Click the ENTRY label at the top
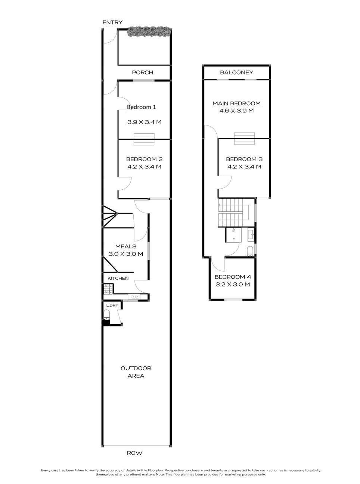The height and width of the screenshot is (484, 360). pyautogui.click(x=112, y=22)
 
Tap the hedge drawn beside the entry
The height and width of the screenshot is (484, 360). pyautogui.click(x=149, y=32)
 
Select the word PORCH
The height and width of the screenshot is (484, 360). pyautogui.click(x=143, y=72)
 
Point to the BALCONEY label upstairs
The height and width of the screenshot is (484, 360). pyautogui.click(x=236, y=72)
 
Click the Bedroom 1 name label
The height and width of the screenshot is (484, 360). pyautogui.click(x=141, y=107)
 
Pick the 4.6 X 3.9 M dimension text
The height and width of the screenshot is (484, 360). pyautogui.click(x=236, y=111)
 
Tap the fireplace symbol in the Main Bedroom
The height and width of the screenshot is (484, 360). pyautogui.click(x=244, y=138)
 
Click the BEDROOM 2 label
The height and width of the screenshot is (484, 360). pyautogui.click(x=144, y=159)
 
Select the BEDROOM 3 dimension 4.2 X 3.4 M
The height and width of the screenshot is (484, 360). pyautogui.click(x=244, y=167)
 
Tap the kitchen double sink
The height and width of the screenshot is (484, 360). pyautogui.click(x=134, y=297)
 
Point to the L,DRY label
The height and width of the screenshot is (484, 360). pyautogui.click(x=112, y=305)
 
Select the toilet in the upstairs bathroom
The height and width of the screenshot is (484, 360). pyautogui.click(x=250, y=250)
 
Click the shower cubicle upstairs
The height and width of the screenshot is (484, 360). pyautogui.click(x=235, y=235)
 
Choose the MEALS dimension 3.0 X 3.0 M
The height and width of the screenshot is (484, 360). pyautogui.click(x=125, y=254)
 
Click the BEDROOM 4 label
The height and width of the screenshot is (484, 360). pyautogui.click(x=232, y=277)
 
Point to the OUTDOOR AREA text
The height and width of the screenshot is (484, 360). pyautogui.click(x=136, y=372)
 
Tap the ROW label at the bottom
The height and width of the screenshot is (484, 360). pyautogui.click(x=134, y=453)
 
